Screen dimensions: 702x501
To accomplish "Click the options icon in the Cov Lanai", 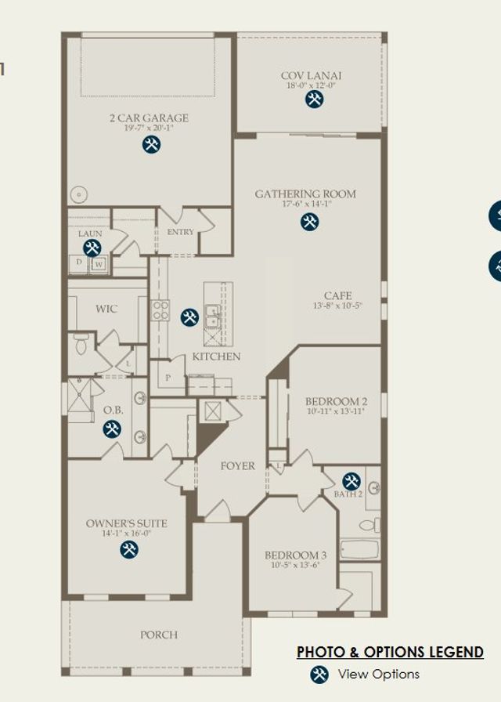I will pos(314,99).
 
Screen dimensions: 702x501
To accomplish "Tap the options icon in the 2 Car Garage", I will pos(151,144).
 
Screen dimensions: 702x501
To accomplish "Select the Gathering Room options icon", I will pos(309,222).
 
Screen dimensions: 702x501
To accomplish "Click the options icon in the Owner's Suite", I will pos(129,549).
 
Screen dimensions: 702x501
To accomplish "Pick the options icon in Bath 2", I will pos(351,480).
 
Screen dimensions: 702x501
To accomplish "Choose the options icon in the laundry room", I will pos(92,248).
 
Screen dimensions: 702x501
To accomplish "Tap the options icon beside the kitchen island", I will pos(189,317).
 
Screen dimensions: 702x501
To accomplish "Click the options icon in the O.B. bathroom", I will pos(112,429).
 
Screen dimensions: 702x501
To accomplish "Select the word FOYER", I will pos(237,465).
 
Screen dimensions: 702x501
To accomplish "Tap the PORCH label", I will pos(158,635).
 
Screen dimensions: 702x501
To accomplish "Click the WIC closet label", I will pos(106,309).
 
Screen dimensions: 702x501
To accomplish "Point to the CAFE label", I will pos(337,295).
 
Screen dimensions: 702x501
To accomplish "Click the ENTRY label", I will pos(180,232).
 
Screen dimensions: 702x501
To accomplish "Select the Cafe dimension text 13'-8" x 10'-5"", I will pos(337,306).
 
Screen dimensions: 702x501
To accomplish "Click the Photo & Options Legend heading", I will pos(390,652).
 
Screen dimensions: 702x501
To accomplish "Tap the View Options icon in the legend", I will pos(319,675).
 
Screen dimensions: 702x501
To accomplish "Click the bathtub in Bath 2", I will pos(359,549).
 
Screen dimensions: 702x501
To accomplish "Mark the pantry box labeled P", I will pos(169,378).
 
